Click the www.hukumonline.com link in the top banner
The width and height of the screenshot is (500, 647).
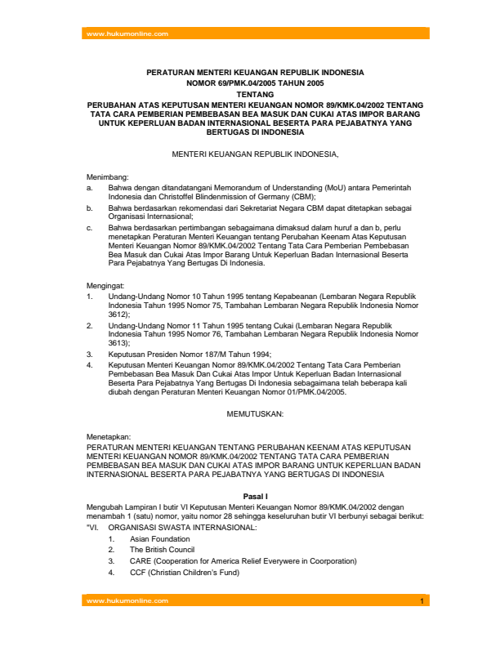pos(127,33)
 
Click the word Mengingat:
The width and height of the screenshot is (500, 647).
pos(106,284)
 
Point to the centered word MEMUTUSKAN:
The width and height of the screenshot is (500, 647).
pos(256,414)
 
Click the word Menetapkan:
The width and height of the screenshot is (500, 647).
pos(108,437)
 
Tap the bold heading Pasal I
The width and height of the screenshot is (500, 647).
pos(256,496)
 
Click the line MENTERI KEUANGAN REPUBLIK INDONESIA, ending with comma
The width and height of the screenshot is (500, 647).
pos(255,154)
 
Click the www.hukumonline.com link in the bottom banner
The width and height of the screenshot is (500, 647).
pos(127,600)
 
